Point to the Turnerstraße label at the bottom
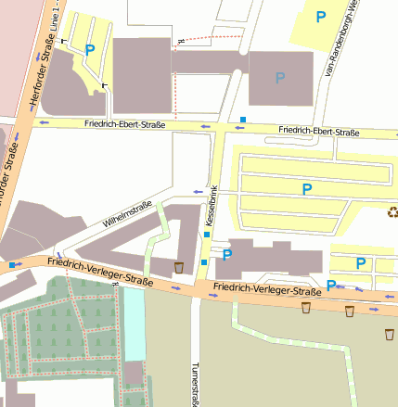click(x=197, y=382)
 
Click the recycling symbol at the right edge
click(x=392, y=211)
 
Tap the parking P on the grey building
click(x=279, y=79)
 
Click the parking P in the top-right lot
click(x=321, y=17)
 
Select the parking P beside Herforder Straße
click(x=90, y=50)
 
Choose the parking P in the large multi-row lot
click(x=307, y=189)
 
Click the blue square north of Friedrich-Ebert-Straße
click(x=243, y=120)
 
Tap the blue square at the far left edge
click(x=12, y=265)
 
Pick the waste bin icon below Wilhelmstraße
click(x=178, y=268)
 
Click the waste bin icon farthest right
click(x=390, y=333)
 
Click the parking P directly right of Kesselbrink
click(x=226, y=255)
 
